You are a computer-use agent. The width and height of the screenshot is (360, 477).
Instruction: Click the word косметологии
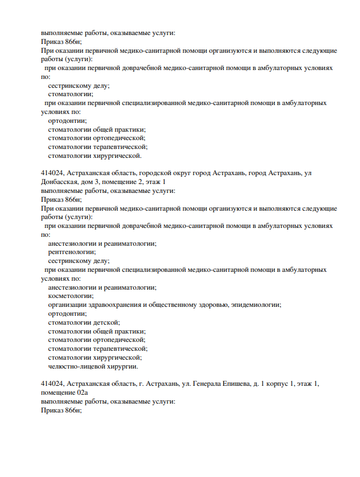[71, 296]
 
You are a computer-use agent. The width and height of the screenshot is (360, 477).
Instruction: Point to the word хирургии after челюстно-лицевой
[119, 366]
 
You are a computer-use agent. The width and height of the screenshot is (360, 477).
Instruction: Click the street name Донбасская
[60, 182]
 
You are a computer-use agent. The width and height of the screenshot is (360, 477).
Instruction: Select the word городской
[151, 173]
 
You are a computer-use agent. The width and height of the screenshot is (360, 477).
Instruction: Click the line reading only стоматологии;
[70, 94]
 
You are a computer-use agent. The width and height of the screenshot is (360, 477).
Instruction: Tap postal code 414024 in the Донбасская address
[53, 173]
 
